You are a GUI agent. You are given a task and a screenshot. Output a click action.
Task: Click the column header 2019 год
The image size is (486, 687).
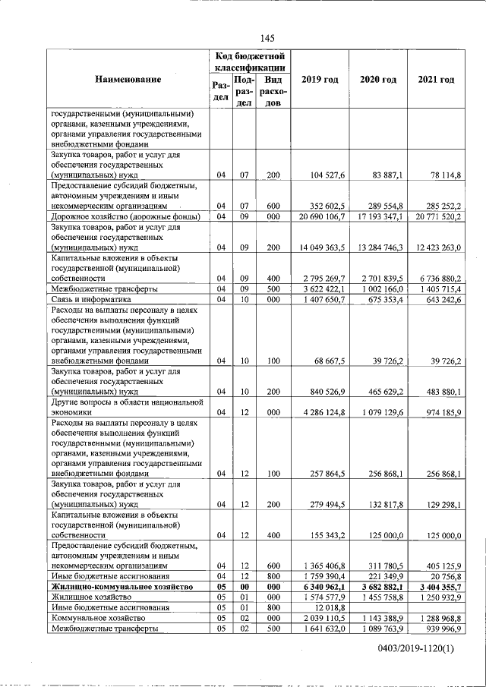(320, 80)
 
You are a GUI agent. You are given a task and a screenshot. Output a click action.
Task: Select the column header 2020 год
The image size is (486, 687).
(378, 80)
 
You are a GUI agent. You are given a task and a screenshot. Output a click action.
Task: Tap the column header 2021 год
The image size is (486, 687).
(436, 80)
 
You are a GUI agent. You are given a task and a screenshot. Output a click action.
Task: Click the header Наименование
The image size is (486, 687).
(128, 80)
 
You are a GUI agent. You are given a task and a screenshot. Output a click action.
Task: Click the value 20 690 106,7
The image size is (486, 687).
(317, 217)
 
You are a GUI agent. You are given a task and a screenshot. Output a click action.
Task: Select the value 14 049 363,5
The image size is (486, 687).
(317, 247)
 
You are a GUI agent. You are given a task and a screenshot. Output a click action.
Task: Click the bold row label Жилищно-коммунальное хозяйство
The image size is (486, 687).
(120, 587)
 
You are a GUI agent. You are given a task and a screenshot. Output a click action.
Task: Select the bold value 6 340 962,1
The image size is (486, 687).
(319, 587)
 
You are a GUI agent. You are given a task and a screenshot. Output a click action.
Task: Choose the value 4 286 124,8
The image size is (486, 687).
(319, 412)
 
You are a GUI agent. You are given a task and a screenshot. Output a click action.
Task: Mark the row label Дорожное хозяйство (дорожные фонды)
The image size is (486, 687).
(125, 217)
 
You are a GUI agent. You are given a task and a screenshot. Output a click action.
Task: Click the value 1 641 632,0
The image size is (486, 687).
(319, 629)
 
